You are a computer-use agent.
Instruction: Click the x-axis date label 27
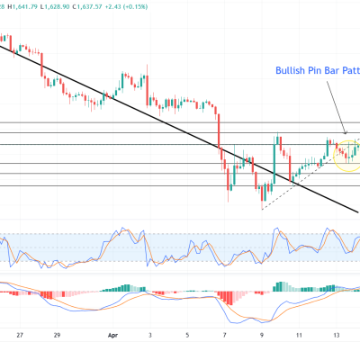pyautogui.click(x=20, y=332)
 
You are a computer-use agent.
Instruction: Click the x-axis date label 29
pyautogui.click(x=57, y=332)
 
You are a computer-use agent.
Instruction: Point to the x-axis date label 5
pyautogui.click(x=186, y=332)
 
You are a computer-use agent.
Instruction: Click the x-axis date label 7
pyautogui.click(x=224, y=332)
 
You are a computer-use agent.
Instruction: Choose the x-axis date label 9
pyautogui.click(x=262, y=332)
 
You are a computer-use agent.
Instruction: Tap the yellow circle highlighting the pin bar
pyautogui.click(x=346, y=155)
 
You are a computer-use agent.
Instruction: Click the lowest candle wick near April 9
pyautogui.click(x=262, y=204)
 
